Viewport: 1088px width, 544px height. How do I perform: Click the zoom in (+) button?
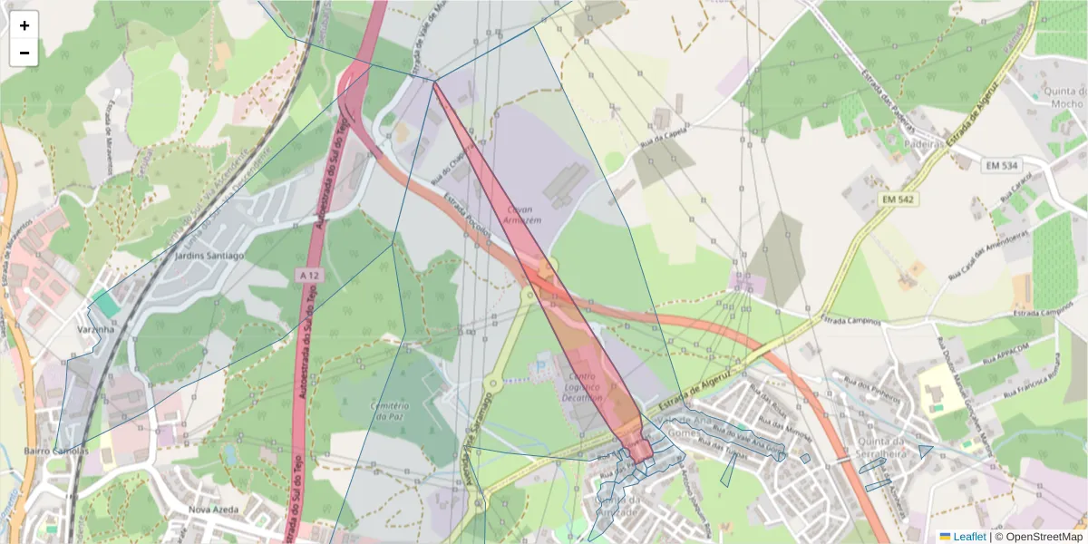(x=24, y=25)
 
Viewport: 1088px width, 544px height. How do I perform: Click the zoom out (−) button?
(x=24, y=53)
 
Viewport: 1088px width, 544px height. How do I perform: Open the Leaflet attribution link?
(x=969, y=537)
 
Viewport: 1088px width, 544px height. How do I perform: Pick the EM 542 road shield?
(x=899, y=199)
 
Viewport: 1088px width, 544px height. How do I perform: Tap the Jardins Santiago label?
(x=209, y=257)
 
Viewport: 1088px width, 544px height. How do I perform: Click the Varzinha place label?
(x=95, y=330)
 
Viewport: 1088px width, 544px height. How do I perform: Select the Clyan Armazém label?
(x=520, y=214)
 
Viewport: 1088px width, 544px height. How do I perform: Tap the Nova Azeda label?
(x=212, y=510)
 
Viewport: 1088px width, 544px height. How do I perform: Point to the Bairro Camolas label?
(x=55, y=451)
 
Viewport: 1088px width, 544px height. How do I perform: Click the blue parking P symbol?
(x=542, y=366)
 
